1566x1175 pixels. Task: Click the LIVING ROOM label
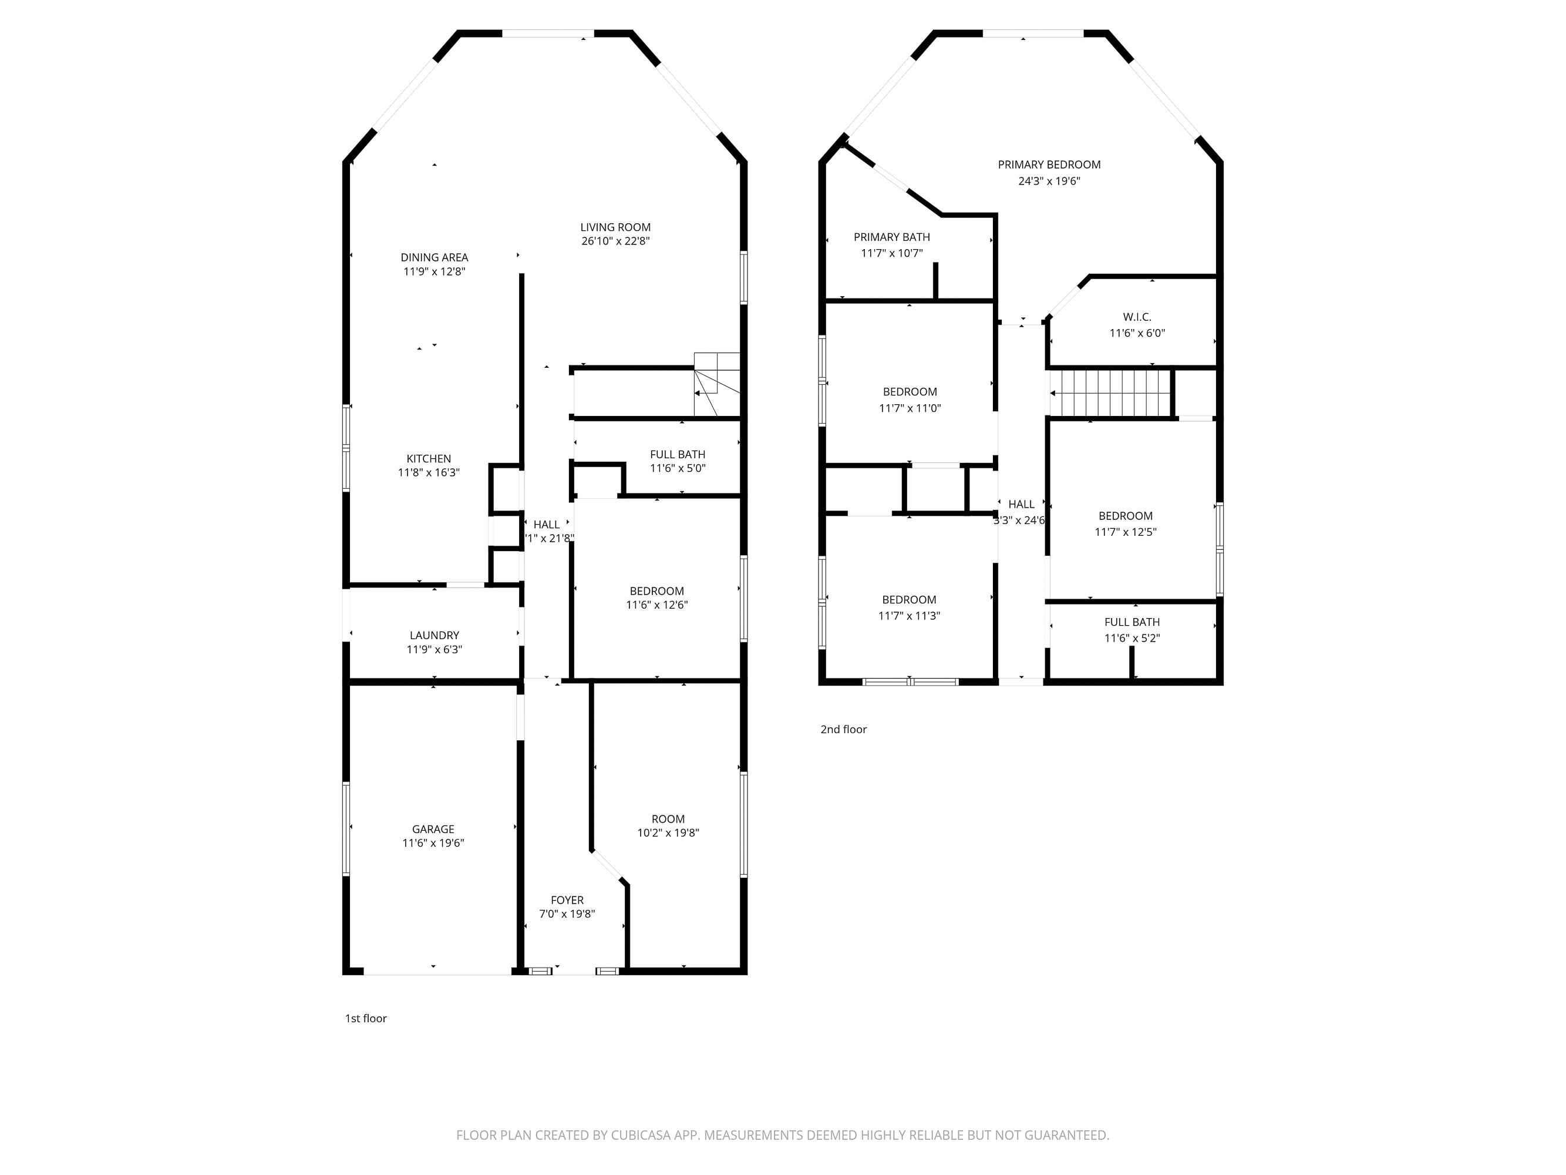pyautogui.click(x=615, y=227)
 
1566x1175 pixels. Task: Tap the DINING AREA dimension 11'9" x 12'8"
pyautogui.click(x=434, y=272)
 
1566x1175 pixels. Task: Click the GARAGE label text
pyautogui.click(x=433, y=830)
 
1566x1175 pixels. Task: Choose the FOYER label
pyautogui.click(x=567, y=900)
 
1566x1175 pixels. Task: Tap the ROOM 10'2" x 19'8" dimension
pyautogui.click(x=668, y=834)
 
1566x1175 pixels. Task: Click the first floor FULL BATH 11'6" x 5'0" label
pyautogui.click(x=678, y=461)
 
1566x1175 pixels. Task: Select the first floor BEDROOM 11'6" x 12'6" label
pyautogui.click(x=656, y=597)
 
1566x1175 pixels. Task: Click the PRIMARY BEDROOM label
pyautogui.click(x=1049, y=165)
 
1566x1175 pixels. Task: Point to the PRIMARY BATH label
pyautogui.click(x=891, y=237)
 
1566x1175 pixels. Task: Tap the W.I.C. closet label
pyautogui.click(x=1136, y=317)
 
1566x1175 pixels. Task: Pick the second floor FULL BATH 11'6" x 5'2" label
pyautogui.click(x=1131, y=630)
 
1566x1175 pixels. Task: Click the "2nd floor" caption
pyautogui.click(x=843, y=730)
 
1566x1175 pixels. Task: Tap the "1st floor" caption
pyautogui.click(x=365, y=1019)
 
